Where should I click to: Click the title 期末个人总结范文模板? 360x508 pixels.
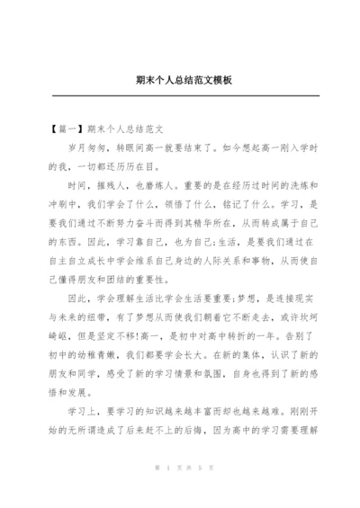pyautogui.click(x=180, y=80)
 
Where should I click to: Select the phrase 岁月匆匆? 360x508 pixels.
pyautogui.click(x=87, y=147)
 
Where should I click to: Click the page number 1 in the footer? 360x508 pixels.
pyautogui.click(x=168, y=493)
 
